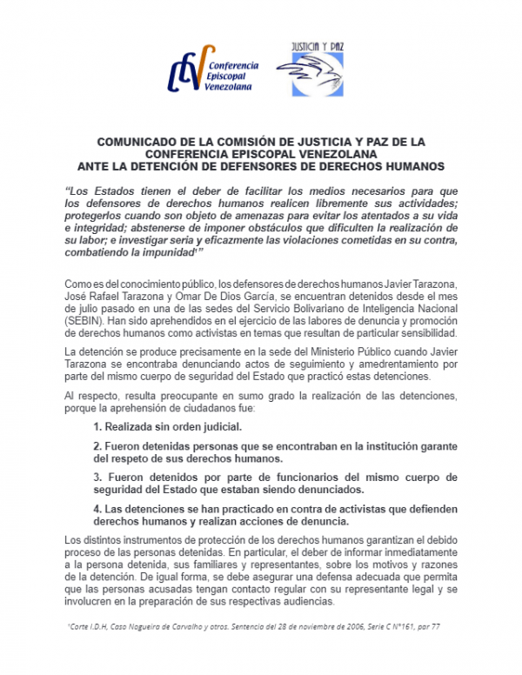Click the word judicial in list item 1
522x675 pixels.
tap(217, 427)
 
